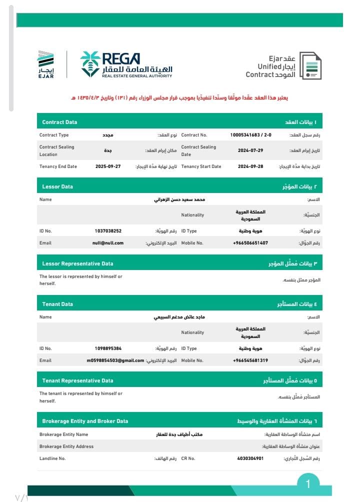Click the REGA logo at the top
click(126, 64)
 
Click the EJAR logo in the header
click(45, 64)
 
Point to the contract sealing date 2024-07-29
click(250, 150)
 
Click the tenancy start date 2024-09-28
click(250, 166)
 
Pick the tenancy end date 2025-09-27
click(108, 166)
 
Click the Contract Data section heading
click(59, 122)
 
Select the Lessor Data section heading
click(57, 186)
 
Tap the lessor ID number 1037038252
click(108, 231)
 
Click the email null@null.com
click(108, 243)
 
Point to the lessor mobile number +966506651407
click(250, 243)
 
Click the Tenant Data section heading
click(57, 304)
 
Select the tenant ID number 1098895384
click(108, 348)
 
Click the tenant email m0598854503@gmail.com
click(115, 360)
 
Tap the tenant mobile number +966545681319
click(250, 360)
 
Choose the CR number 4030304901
click(250, 458)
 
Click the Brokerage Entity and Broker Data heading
click(85, 421)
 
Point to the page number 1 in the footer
click(308, 483)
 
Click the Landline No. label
click(52, 458)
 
